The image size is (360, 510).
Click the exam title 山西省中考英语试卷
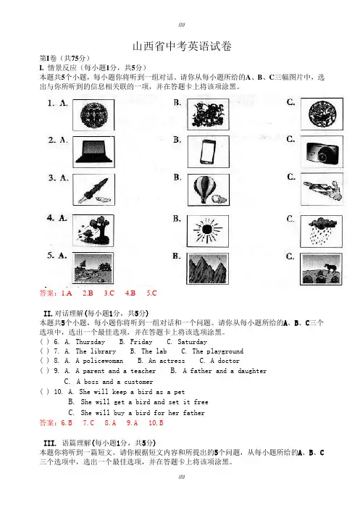click(182, 46)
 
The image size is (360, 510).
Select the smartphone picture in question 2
click(208, 152)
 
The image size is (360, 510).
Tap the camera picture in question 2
click(322, 152)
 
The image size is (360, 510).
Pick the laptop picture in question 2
click(93, 152)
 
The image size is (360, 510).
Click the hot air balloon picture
click(208, 190)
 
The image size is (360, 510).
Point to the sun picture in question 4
click(208, 230)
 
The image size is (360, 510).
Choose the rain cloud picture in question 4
click(322, 231)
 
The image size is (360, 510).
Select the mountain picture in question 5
click(207, 269)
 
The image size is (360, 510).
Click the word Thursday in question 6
click(91, 342)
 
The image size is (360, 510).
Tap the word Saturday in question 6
click(192, 342)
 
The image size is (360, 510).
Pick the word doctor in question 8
click(229, 361)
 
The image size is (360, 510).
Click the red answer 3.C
click(109, 293)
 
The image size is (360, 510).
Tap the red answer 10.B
click(156, 423)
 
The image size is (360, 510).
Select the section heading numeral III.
click(50, 443)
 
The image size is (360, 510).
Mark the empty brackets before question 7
click(45, 351)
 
